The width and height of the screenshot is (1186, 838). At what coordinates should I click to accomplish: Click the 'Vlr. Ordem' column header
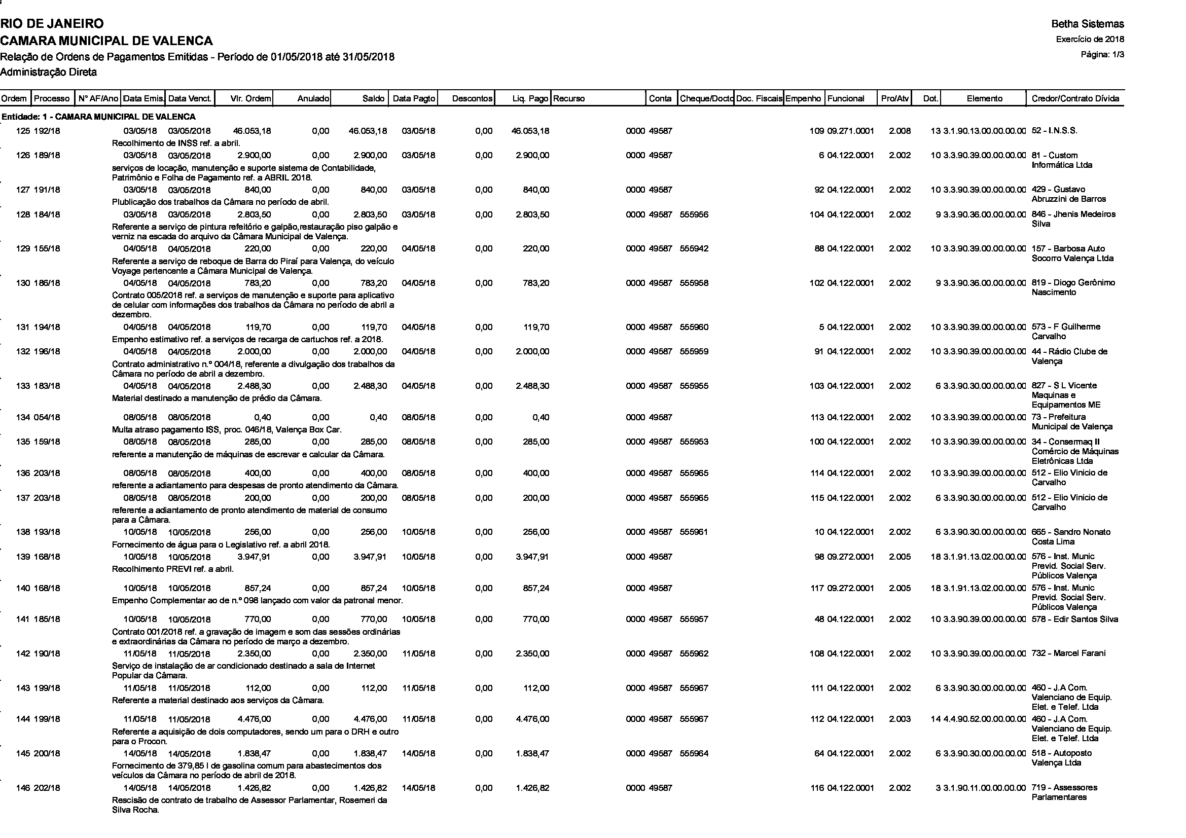[x=250, y=99]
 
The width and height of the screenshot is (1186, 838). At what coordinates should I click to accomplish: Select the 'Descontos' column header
[x=472, y=99]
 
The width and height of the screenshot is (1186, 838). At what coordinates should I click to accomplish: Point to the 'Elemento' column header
[x=984, y=99]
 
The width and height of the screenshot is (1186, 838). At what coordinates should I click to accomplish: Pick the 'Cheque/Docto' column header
[x=706, y=99]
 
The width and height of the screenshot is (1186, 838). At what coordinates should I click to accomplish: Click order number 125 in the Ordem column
[x=23, y=131]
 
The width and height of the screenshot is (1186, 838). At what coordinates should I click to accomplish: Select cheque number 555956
[x=694, y=215]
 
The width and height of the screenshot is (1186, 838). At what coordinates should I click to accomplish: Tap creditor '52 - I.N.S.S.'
[x=1054, y=131]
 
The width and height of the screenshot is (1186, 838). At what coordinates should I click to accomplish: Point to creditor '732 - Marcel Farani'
[x=1068, y=653]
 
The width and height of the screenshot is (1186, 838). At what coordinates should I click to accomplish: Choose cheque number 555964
[x=694, y=753]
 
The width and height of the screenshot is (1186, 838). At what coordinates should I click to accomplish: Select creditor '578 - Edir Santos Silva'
[x=1074, y=619]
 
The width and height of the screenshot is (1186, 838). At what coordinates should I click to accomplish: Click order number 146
[x=23, y=788]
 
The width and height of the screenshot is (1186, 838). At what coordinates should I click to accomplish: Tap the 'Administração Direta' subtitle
[x=49, y=72]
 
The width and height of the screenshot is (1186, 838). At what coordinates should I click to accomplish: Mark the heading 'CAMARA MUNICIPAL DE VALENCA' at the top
[x=106, y=40]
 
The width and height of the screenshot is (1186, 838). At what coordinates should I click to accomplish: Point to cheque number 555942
[x=694, y=249]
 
